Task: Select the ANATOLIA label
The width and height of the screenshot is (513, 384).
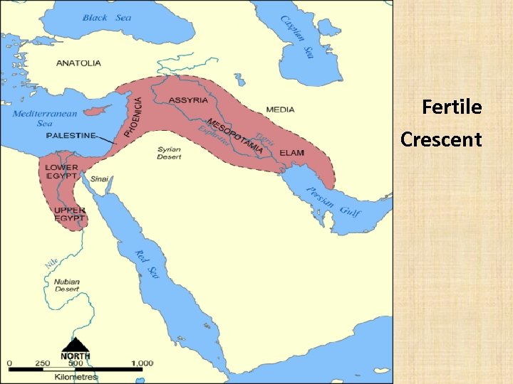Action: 78,63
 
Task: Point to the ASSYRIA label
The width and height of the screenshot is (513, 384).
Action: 188,100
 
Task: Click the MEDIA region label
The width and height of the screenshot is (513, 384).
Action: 280,110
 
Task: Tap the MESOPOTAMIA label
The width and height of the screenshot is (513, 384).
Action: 235,136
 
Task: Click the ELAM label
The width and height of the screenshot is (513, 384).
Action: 292,153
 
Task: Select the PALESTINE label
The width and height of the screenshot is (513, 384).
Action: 71,136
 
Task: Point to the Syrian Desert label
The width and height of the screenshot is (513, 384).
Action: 169,153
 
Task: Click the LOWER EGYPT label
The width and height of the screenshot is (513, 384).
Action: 62,171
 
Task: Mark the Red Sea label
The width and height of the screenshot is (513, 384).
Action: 145,264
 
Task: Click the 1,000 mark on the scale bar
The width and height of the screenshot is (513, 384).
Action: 142,363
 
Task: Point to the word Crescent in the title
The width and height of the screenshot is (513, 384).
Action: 441,139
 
